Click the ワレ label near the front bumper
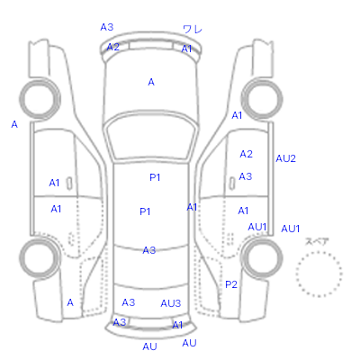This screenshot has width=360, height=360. tap(193, 30)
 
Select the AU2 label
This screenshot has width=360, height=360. tap(285, 158)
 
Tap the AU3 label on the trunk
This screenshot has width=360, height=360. tap(171, 303)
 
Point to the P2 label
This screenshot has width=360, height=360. tap(231, 284)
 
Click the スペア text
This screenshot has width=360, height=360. tap(317, 241)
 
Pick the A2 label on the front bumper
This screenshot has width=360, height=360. tap(112, 47)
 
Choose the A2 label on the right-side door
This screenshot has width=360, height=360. tap(246, 154)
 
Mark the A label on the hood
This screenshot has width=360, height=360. tap(151, 82)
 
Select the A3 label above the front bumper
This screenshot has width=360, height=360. tap(107, 27)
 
